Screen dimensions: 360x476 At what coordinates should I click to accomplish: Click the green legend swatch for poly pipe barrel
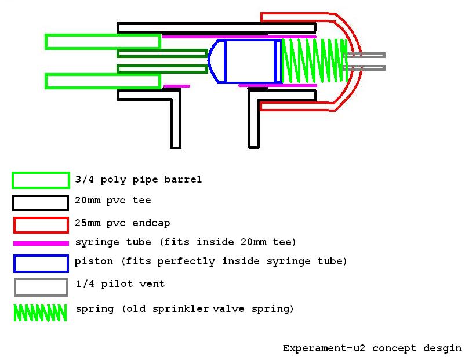(41, 180)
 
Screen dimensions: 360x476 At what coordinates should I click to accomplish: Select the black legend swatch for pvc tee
(41, 203)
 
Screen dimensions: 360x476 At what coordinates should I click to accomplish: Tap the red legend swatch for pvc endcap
(41, 225)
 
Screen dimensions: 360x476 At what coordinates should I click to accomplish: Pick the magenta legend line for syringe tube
(41, 243)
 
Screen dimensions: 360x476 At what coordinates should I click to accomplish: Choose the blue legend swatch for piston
(41, 264)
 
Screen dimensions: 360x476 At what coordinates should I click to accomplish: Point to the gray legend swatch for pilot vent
(41, 287)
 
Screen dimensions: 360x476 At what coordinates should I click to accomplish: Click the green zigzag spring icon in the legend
(40, 312)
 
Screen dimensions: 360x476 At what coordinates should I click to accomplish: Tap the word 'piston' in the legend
(94, 261)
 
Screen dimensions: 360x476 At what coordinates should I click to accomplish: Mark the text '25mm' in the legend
(87, 223)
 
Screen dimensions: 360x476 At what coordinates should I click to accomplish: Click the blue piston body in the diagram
(250, 61)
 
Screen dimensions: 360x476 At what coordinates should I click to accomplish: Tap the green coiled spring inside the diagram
(314, 61)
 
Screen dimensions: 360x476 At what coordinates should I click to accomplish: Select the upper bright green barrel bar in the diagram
(103, 42)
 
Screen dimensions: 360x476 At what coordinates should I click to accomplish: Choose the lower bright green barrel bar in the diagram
(103, 81)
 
